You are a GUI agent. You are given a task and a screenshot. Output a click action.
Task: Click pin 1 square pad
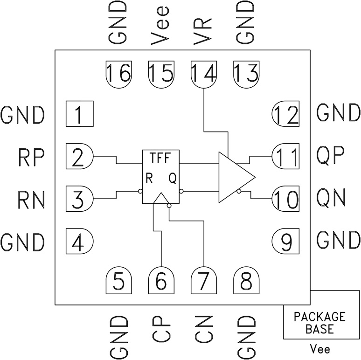coord(79,113)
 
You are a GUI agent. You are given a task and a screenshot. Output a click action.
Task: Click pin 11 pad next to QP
coord(285,157)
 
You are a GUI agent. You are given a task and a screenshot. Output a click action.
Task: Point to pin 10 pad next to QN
coord(285,199)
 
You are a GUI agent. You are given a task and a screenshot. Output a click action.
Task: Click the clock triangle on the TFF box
coord(161,199)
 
